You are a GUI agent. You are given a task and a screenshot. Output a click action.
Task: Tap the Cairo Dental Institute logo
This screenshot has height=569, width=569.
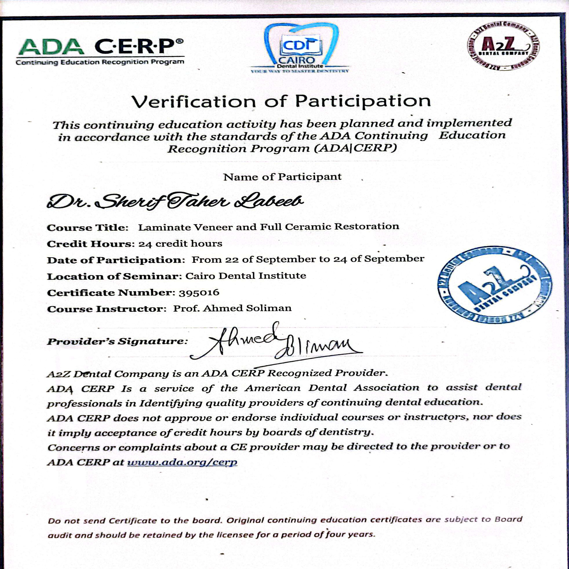click(x=300, y=49)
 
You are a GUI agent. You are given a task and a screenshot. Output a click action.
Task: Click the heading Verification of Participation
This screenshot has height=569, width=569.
click(x=281, y=102)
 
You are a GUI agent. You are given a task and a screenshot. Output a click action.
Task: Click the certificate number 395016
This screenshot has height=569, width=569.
click(x=199, y=292)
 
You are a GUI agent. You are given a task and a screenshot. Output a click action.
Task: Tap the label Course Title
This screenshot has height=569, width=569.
click(x=87, y=228)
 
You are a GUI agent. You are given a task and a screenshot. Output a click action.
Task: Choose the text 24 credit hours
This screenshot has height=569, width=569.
click(x=180, y=244)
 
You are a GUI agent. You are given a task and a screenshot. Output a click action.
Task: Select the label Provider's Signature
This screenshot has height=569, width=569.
click(x=117, y=342)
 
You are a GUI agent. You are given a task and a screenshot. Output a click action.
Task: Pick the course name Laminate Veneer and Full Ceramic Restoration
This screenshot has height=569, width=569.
click(x=269, y=227)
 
